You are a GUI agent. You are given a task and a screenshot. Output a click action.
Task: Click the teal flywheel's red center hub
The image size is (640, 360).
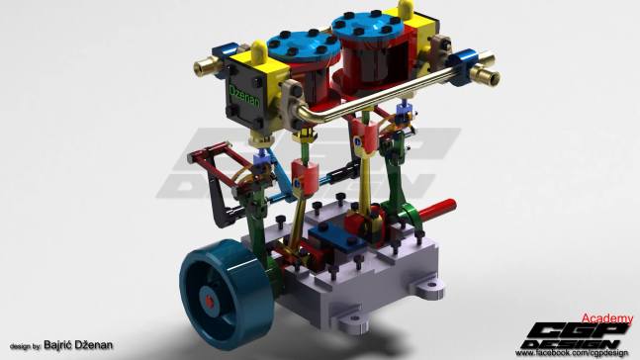tap(209, 295)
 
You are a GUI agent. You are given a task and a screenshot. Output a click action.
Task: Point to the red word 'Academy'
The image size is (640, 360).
tap(605, 318)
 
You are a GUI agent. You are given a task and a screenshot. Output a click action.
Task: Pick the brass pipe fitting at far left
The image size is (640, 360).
tap(208, 67)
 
